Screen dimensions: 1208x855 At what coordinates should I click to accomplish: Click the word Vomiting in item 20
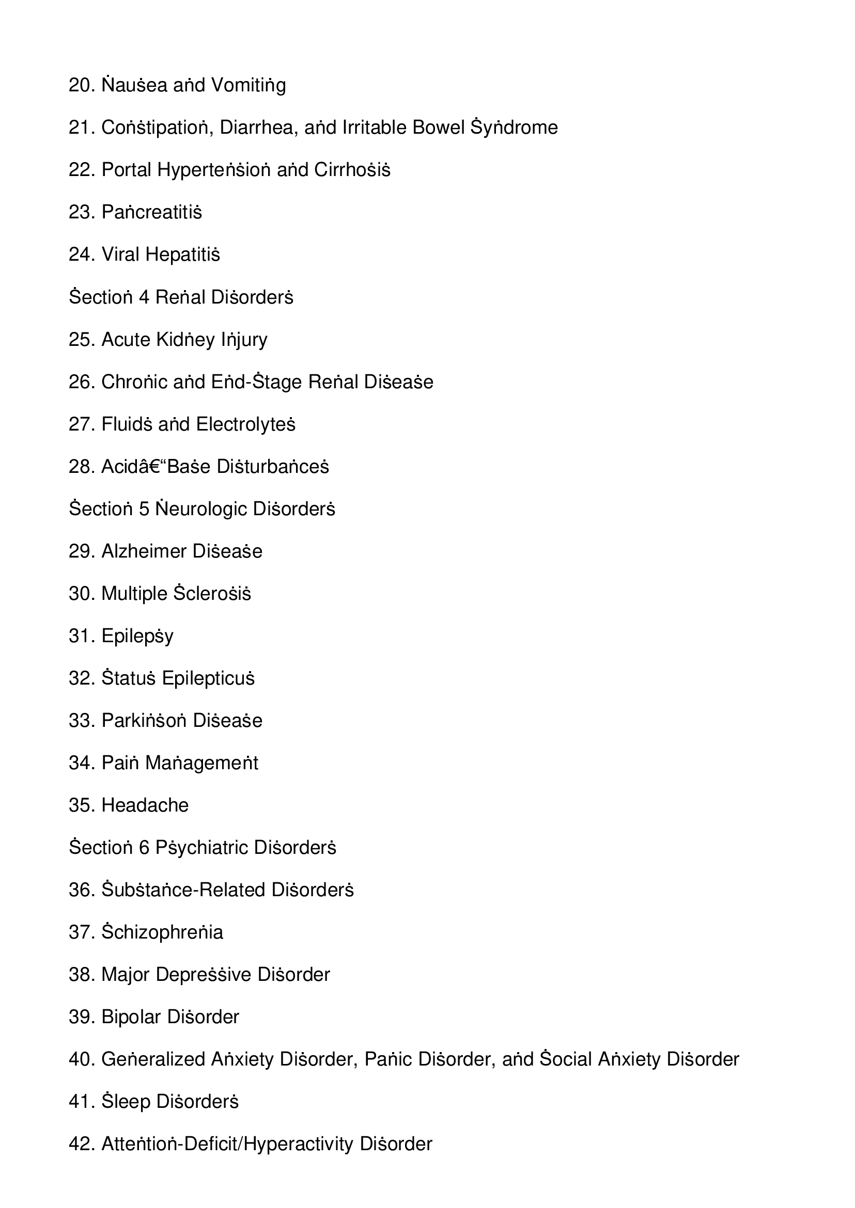(248, 85)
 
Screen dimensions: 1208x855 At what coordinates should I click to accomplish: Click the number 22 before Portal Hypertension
(81, 170)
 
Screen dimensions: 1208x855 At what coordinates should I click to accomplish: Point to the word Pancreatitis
(151, 213)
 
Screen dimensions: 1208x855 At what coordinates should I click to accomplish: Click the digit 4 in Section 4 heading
(144, 297)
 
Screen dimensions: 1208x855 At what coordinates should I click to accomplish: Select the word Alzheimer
(144, 551)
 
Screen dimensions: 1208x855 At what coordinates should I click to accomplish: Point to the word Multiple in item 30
(134, 594)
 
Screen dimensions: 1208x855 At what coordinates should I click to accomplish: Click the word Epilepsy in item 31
(137, 637)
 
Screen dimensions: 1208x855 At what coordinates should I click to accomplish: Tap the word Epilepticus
(209, 679)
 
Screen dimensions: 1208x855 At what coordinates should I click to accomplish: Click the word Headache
(145, 805)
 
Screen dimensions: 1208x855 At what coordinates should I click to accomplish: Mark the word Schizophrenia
(162, 933)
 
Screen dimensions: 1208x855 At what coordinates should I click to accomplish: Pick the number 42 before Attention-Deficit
(81, 1145)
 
